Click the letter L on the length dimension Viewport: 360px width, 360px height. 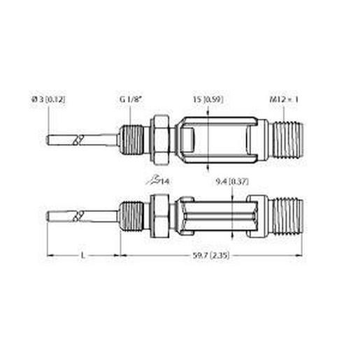click(x=83, y=257)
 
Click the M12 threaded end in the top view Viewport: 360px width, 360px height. click(x=287, y=136)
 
